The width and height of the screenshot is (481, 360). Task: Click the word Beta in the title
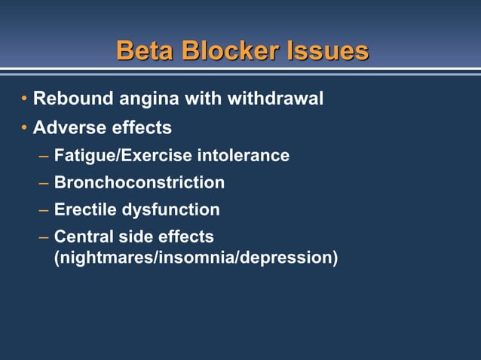point(143,50)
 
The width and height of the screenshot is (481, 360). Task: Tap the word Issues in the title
point(328,50)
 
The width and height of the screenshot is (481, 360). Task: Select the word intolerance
point(243,155)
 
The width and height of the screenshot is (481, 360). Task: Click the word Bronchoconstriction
point(139,182)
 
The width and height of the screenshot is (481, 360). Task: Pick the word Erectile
point(84,209)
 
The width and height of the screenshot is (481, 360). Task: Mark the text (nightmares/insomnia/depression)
point(196,257)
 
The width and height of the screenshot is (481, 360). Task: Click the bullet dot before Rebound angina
point(24,99)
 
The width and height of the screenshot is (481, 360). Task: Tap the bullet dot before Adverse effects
point(24,128)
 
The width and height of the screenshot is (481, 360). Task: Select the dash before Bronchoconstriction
point(44,183)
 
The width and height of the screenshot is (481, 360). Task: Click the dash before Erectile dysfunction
point(44,210)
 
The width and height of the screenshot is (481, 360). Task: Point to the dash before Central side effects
point(44,237)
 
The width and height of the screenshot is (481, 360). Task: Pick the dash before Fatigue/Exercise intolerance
point(44,156)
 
